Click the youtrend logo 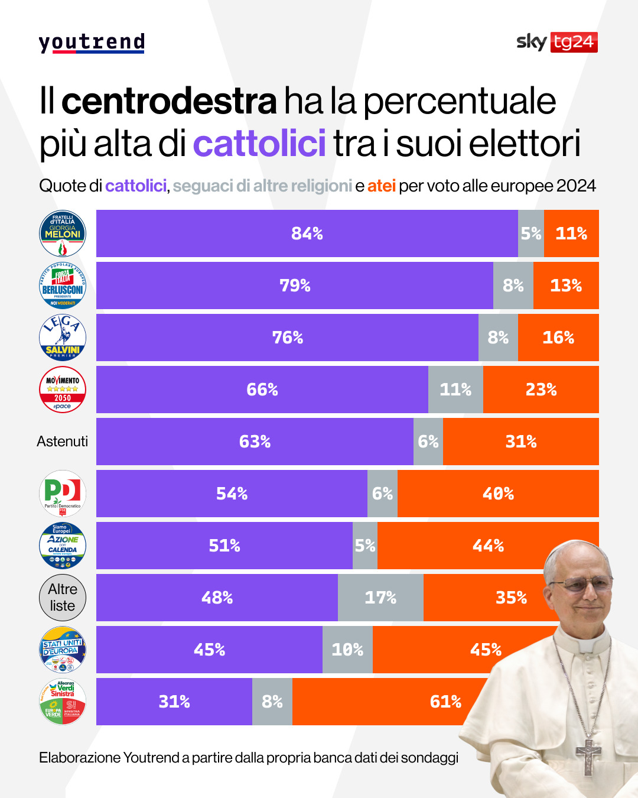92,43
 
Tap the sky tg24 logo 556,42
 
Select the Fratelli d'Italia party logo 63,233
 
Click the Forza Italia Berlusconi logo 63,286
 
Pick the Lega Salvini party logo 63,338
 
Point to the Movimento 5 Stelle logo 63,390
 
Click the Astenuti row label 62,442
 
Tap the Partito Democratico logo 63,494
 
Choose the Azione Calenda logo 63,546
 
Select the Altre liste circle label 63,598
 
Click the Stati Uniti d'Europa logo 63,650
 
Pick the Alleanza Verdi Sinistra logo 63,702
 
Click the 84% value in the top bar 307,233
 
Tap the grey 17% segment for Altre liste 380,598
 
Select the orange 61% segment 414,702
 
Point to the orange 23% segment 541,390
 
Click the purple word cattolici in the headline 259,143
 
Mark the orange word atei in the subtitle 381,186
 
